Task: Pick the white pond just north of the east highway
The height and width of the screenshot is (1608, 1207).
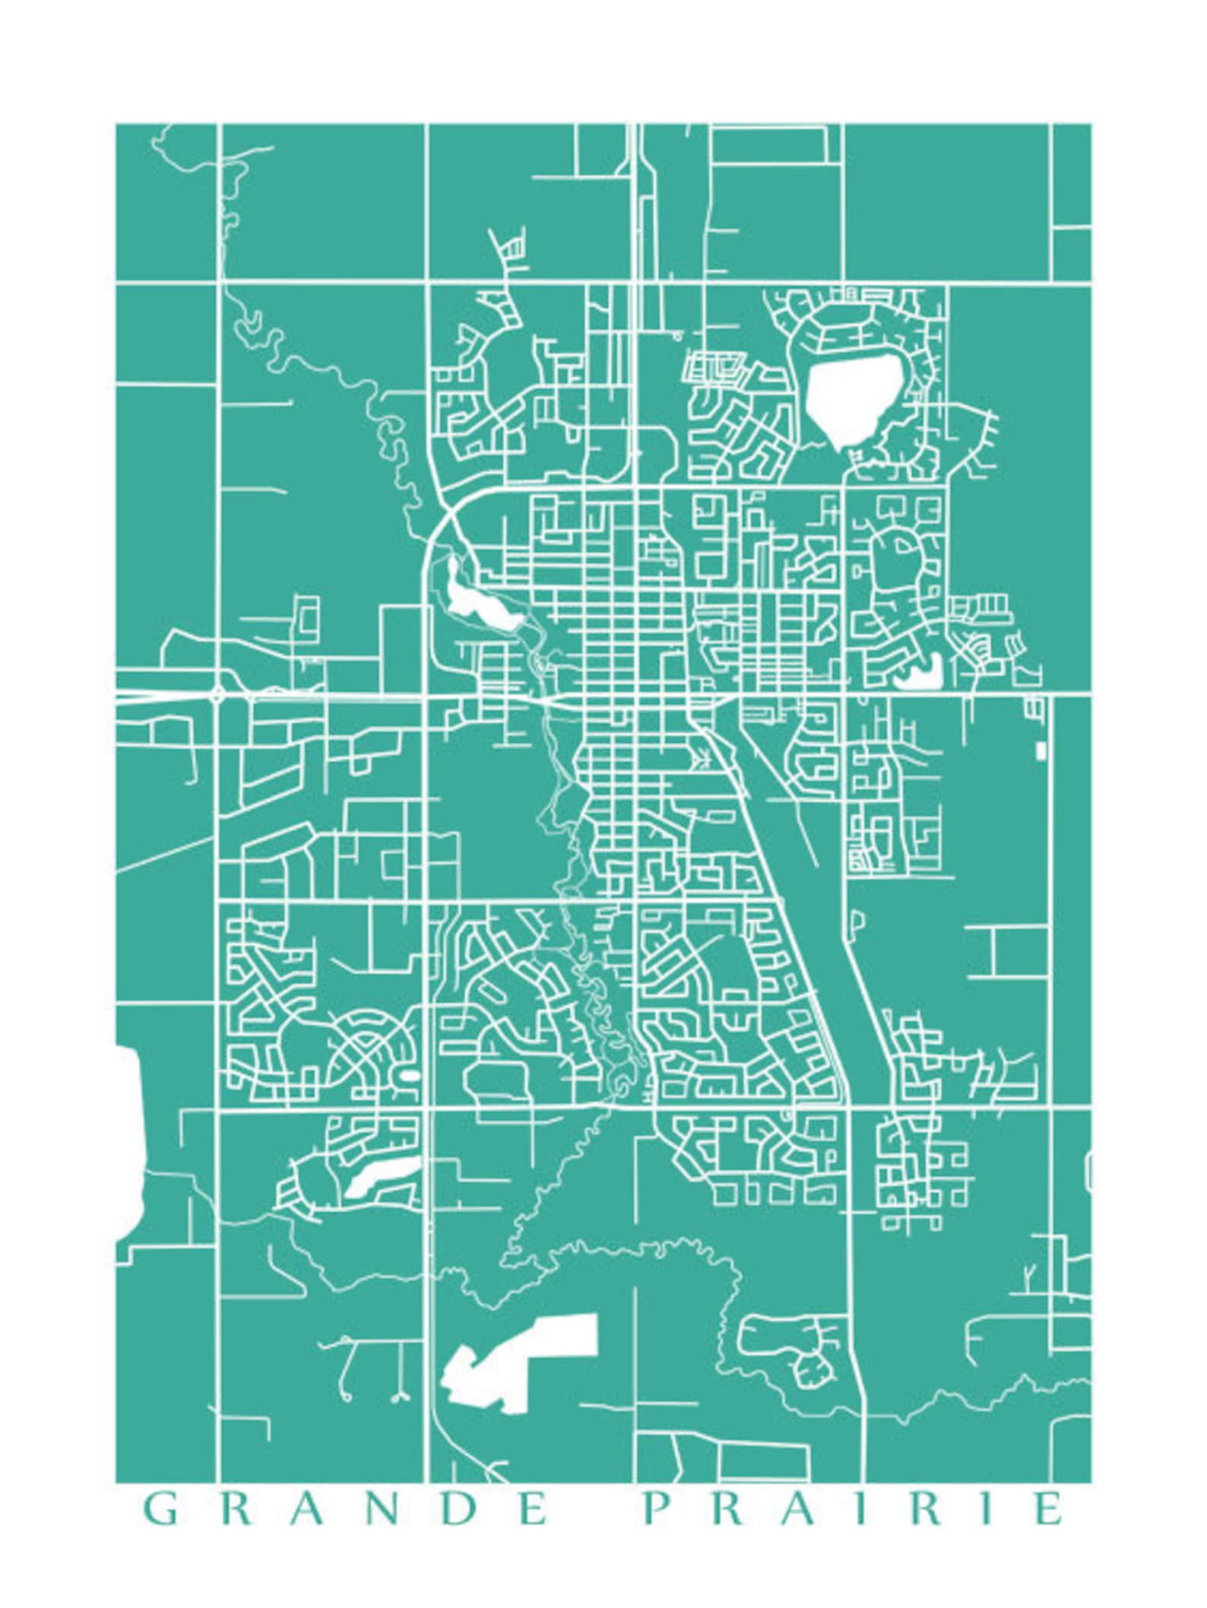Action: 921,670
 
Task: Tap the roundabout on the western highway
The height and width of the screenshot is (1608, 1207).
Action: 218,694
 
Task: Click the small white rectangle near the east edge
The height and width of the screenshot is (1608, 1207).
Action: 1041,750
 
